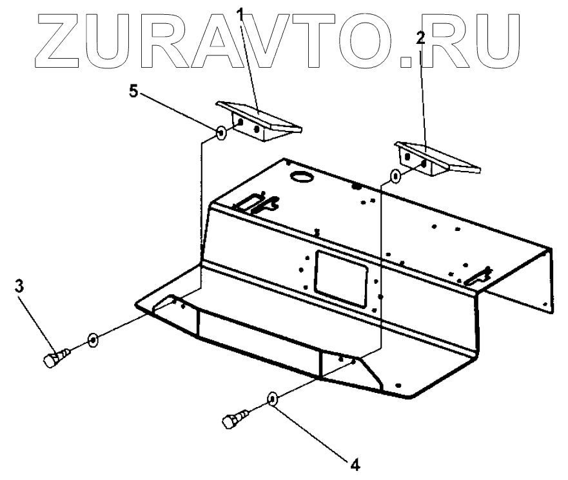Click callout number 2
point(420,38)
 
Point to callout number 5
point(133,91)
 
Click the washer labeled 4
point(273,399)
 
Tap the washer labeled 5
point(220,134)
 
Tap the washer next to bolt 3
point(93,339)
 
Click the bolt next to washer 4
point(232,418)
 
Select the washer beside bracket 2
point(395,175)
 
